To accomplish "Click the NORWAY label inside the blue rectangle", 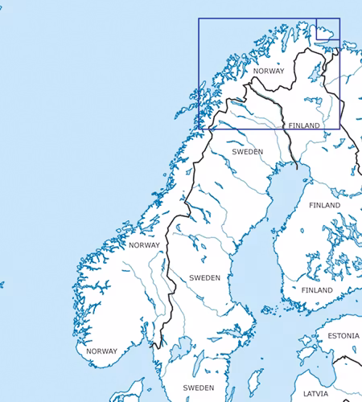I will tap(269, 72).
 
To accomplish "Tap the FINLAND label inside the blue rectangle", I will tap(303, 126).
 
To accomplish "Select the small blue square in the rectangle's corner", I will tap(327, 28).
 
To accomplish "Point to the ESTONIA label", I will tap(343, 334).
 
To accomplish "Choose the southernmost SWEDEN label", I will tap(198, 388).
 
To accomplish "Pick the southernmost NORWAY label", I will tap(101, 351).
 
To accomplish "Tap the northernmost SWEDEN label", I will tap(247, 151).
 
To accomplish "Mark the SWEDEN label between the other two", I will tap(204, 277).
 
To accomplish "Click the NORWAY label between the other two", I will tap(144, 245).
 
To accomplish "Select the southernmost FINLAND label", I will tap(317, 289).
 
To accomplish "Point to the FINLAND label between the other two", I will tap(324, 206).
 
